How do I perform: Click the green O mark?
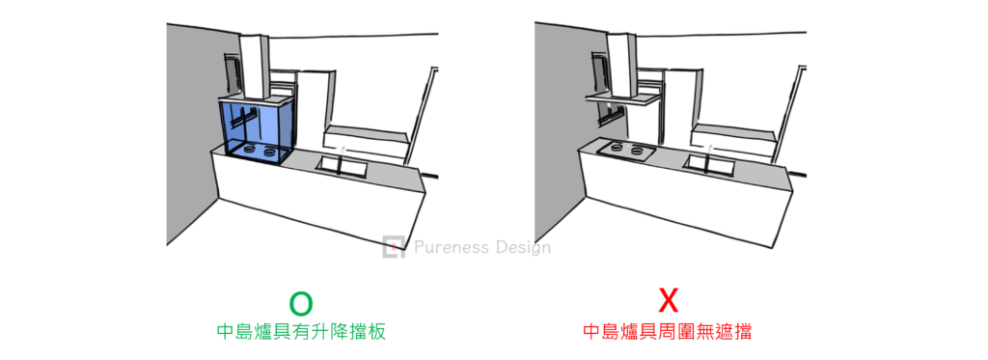(x=301, y=303)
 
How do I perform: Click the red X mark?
(x=668, y=301)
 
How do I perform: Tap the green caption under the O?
(x=301, y=332)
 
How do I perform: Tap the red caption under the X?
(x=668, y=332)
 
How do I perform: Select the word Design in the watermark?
(x=521, y=248)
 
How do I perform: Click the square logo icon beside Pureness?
(x=394, y=247)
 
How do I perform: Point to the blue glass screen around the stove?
(x=257, y=130)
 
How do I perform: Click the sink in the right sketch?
(x=709, y=165)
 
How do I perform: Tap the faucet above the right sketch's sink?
(x=710, y=150)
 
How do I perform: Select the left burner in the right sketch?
(x=617, y=150)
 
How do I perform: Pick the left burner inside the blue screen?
(x=249, y=150)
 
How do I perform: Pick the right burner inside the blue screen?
(x=271, y=152)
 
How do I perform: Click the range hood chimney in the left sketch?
(x=254, y=67)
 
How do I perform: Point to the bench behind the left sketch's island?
(x=365, y=143)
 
